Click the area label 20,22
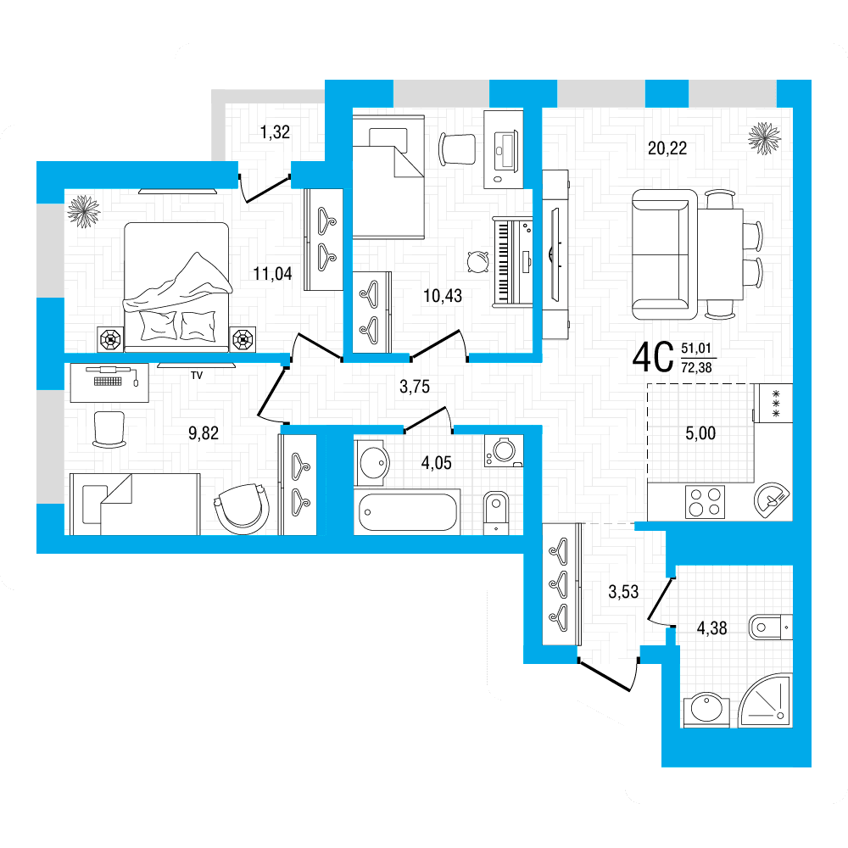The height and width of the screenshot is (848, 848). pos(667,148)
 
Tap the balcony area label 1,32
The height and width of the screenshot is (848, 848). pos(275,132)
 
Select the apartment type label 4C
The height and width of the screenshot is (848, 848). pos(653,358)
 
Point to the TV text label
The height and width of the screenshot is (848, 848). pos(197,376)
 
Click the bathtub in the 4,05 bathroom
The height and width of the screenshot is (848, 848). pos(408,511)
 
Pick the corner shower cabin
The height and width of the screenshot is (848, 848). pos(765,700)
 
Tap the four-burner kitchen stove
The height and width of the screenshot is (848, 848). pos(706,502)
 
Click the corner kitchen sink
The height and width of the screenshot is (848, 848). pos(771,499)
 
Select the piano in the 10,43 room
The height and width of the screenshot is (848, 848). pos(513,262)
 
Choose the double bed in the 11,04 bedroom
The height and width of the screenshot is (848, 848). pos(176,287)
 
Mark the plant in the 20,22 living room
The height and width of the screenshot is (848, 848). pos(764,138)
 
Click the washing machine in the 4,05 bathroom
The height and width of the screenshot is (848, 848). pos(504,450)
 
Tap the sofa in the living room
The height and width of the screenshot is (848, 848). pos(665,254)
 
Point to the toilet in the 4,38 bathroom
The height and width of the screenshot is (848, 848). pos(770,628)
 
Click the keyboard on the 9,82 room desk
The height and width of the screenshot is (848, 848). pos(108,382)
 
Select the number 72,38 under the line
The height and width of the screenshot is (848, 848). pos(696,368)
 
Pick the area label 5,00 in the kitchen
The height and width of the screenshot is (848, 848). pos(700,433)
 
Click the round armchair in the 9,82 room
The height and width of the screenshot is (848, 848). pos(243,509)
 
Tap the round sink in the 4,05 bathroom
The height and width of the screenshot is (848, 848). pos(372,463)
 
